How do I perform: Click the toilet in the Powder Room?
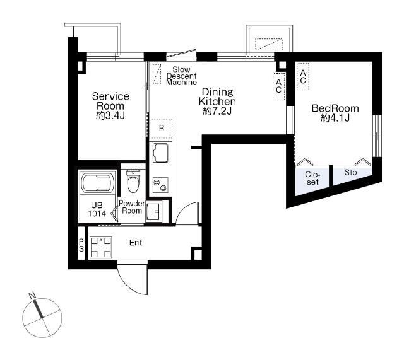point(133,181)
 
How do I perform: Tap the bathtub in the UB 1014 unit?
point(98,183)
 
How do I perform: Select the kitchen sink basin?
point(160,153)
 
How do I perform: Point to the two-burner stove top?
point(160,185)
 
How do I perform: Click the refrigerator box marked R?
point(162,128)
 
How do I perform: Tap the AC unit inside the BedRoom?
point(303,76)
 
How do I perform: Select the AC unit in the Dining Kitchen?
point(278,86)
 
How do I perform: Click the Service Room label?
point(110,101)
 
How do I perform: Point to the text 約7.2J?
point(217,111)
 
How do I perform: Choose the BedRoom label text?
point(335,108)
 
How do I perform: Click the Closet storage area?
point(312,179)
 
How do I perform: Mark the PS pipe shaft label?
point(81,245)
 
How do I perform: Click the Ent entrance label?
point(136,243)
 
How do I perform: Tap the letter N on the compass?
point(32,296)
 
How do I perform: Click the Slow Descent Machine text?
point(181,76)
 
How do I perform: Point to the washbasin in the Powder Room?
point(154,211)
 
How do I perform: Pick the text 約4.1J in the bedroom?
point(335,118)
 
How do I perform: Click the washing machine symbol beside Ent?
point(101,247)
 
